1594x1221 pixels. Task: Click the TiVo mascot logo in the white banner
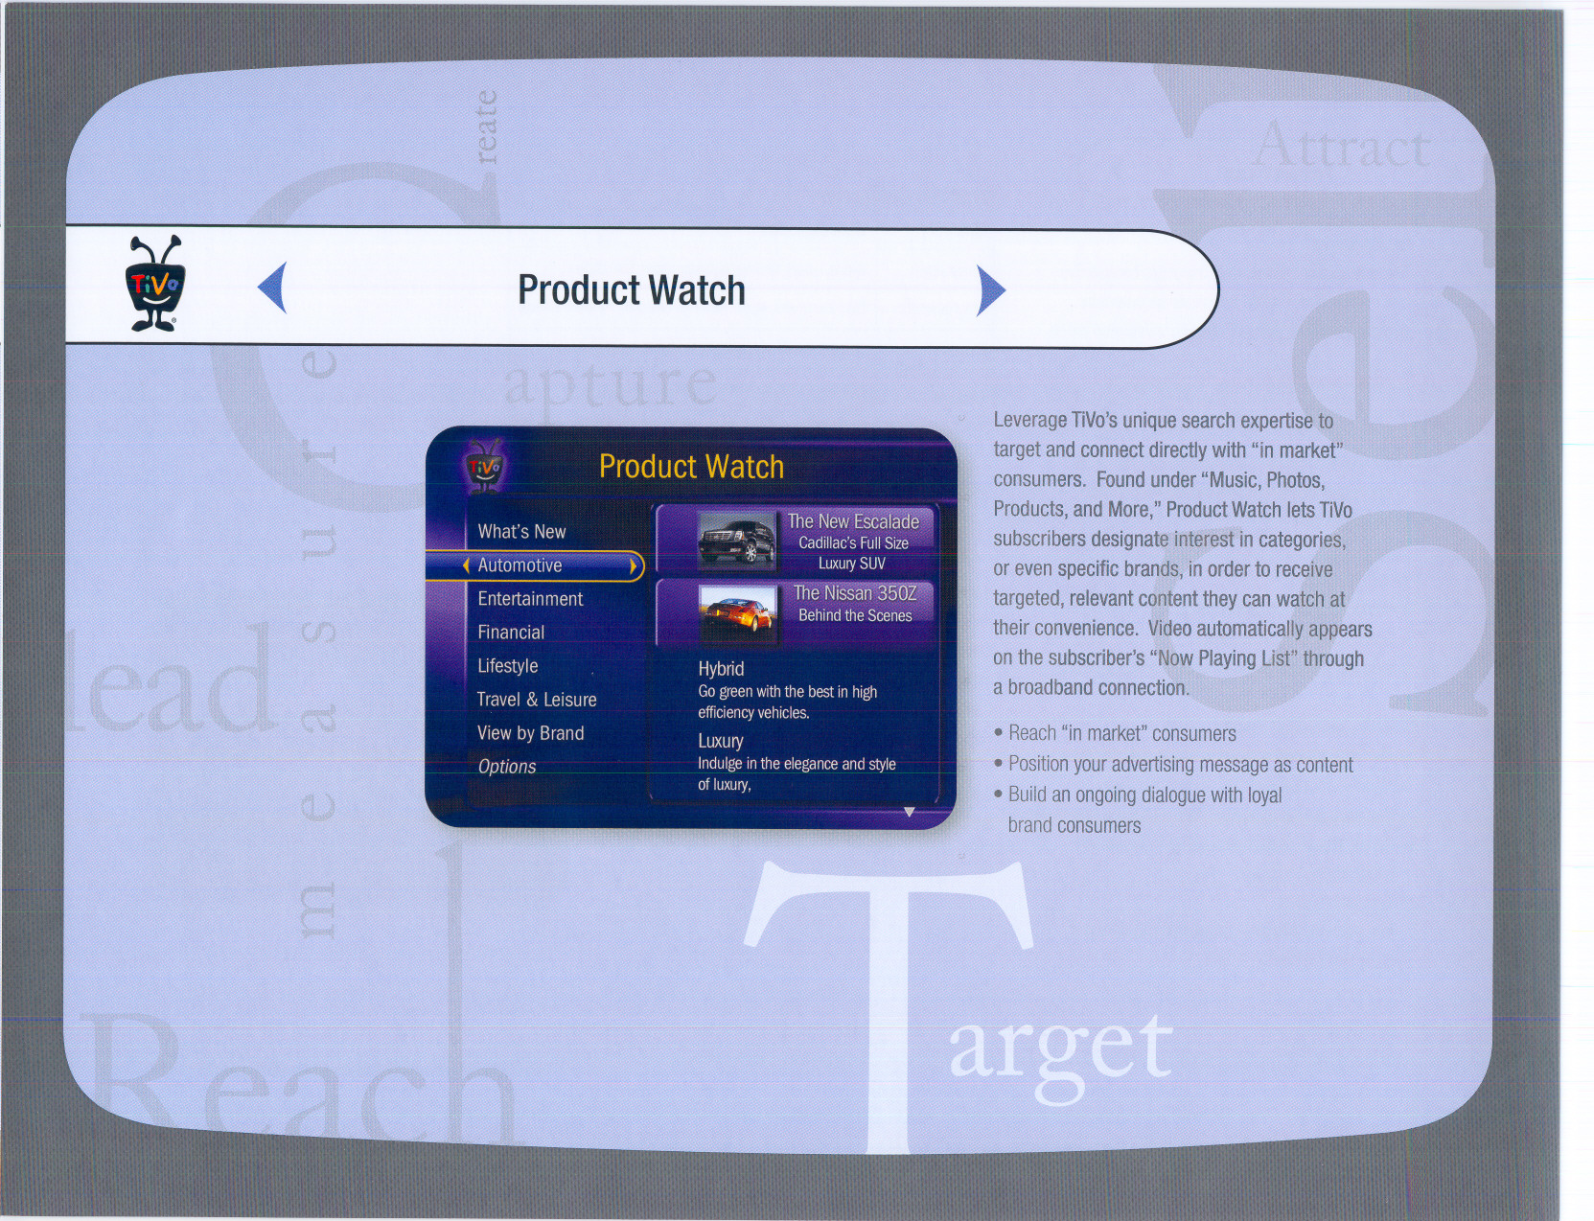155,283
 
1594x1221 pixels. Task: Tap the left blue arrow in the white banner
272,288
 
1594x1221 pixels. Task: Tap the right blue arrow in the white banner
991,290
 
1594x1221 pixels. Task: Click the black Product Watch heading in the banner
632,289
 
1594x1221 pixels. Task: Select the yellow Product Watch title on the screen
691,467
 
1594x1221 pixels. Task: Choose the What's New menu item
521,532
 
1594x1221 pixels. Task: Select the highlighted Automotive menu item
520,565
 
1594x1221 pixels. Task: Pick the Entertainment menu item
530,599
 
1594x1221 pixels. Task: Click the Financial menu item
511,633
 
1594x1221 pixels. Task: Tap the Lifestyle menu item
508,666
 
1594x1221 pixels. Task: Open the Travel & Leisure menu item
536,700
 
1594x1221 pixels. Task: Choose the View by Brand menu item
530,733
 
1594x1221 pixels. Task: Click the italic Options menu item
507,767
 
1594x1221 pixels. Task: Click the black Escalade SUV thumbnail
736,541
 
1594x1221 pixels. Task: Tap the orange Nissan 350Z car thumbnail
737,614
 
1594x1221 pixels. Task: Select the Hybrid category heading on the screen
721,669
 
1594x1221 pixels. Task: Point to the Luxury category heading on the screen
721,741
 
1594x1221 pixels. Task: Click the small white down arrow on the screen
909,812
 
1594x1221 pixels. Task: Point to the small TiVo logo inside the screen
483,467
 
